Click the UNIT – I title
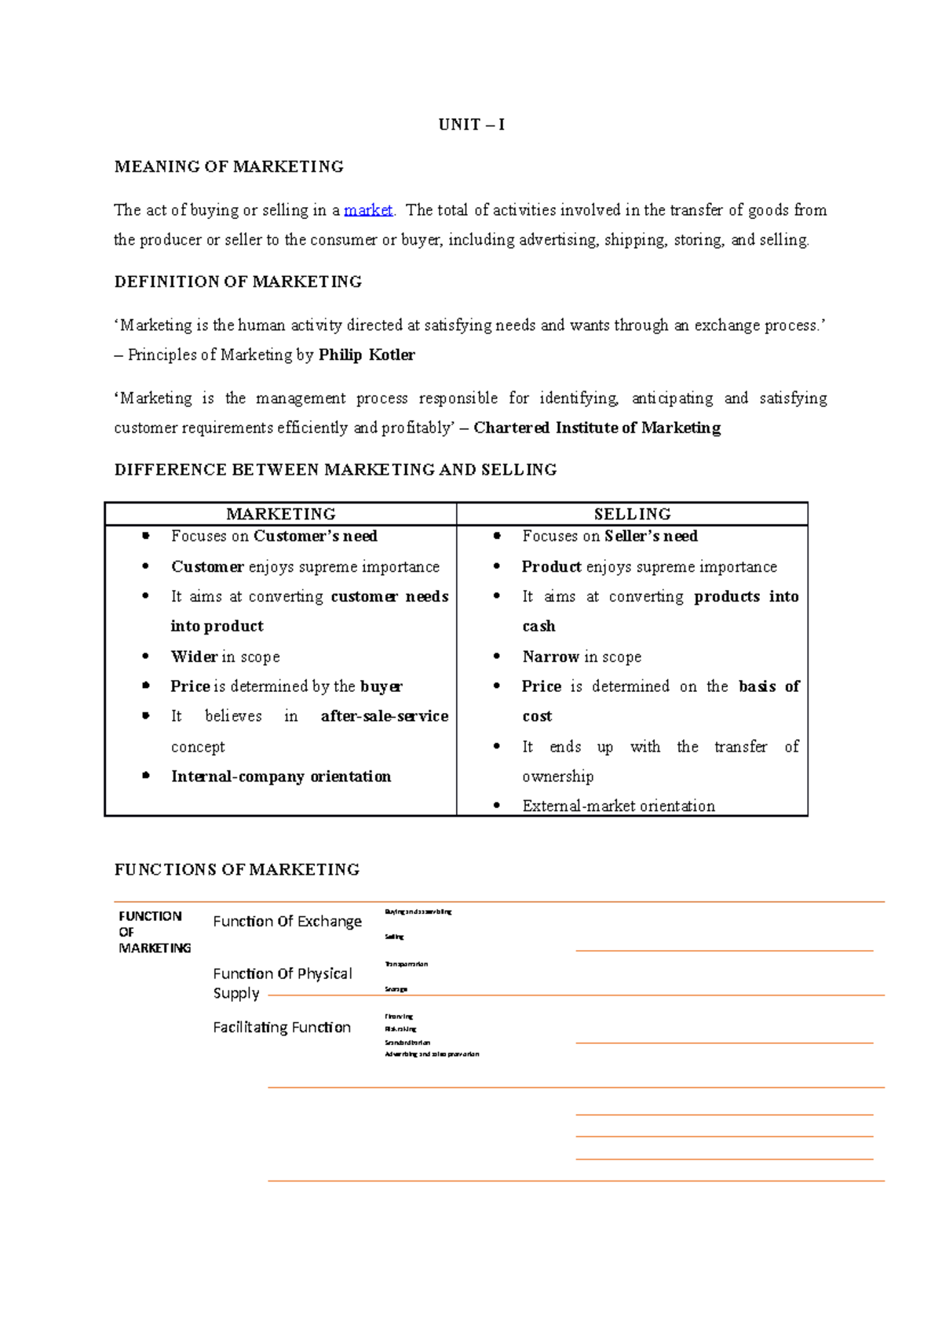coord(471,125)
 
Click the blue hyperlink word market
coord(367,210)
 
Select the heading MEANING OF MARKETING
coord(228,166)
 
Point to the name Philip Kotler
coord(367,355)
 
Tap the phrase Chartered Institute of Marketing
coord(597,428)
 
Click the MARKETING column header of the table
coord(280,514)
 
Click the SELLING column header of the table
coord(632,514)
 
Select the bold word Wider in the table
coord(194,657)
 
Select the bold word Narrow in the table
coord(550,657)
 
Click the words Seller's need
coord(651,536)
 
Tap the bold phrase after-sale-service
coord(385,716)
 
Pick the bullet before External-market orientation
coord(497,806)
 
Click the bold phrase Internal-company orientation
coord(281,777)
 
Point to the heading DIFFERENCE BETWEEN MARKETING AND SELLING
coord(335,470)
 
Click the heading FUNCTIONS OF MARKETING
coord(236,869)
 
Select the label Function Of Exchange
coord(287,921)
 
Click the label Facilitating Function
coord(281,1027)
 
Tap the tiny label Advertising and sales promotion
coord(431,1054)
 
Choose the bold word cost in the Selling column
coord(537,716)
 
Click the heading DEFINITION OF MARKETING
coord(238,282)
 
